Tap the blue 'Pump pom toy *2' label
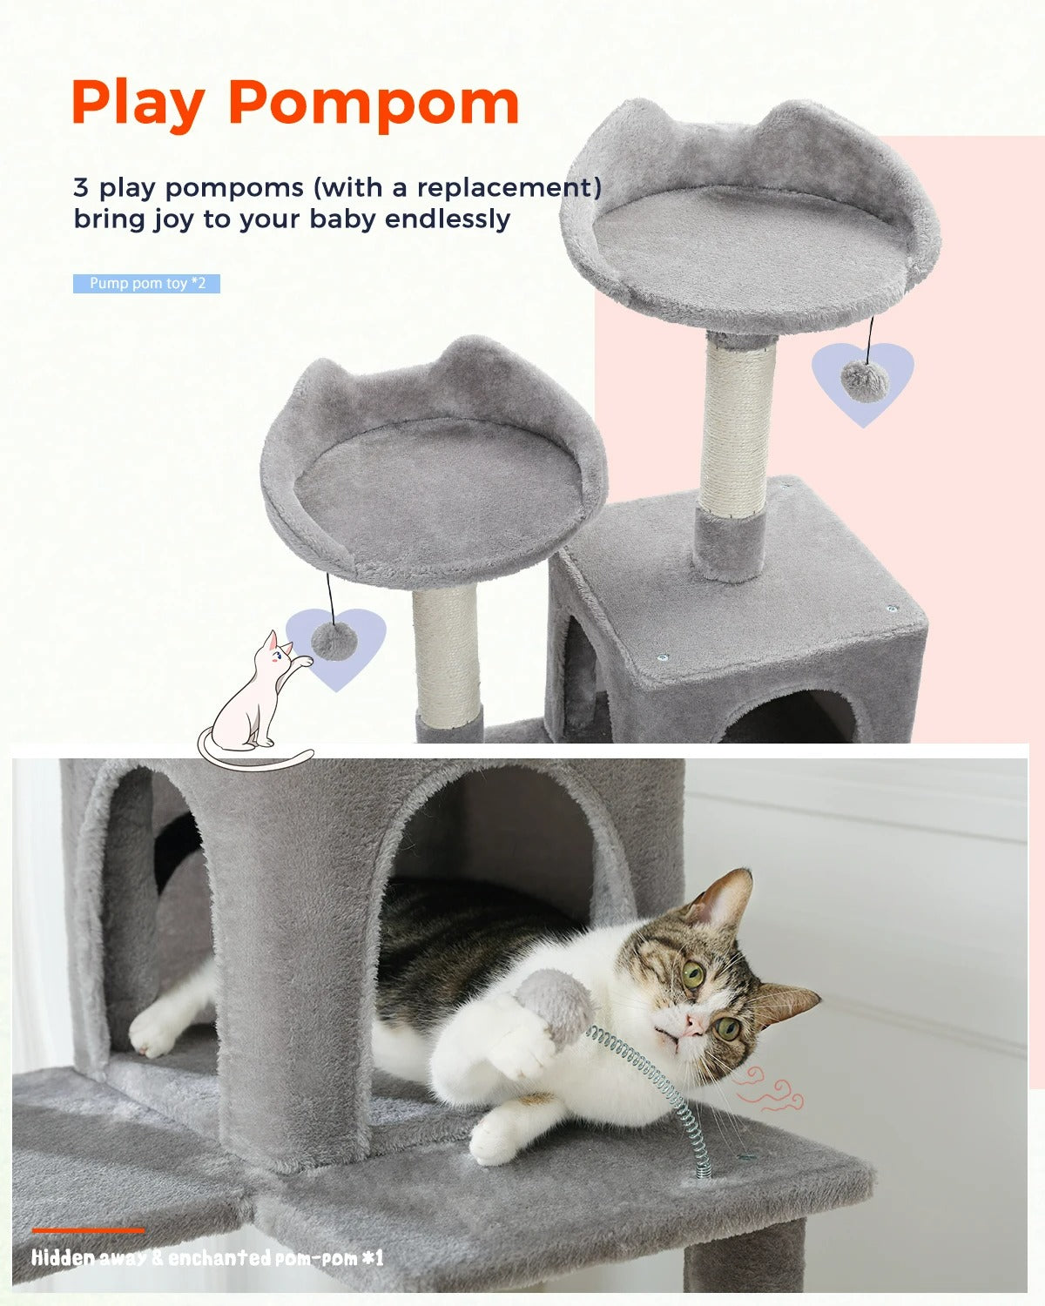(146, 284)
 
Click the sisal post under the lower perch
(446, 649)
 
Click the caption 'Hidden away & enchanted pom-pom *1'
(207, 1258)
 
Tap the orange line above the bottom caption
(89, 1230)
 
